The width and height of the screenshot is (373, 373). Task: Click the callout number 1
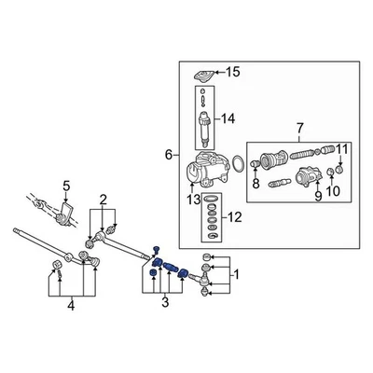pos(236,275)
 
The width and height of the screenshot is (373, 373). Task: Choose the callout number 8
pos(255,185)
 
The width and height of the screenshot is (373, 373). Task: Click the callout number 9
pos(317,196)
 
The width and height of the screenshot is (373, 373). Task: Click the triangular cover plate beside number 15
pos(201,74)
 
